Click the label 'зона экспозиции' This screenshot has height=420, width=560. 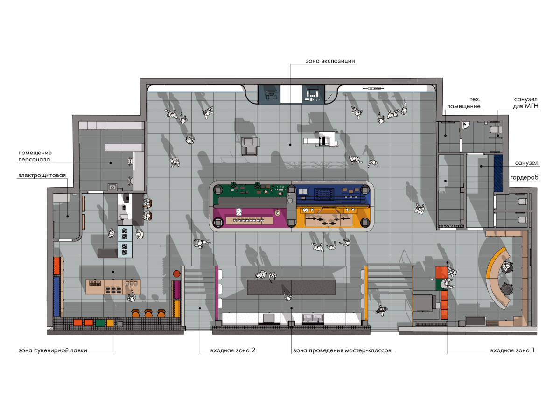click(x=330, y=61)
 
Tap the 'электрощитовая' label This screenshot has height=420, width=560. click(x=42, y=175)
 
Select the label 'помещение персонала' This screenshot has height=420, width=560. click(x=35, y=156)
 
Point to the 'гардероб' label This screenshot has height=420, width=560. click(x=524, y=177)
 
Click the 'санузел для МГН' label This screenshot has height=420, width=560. click(x=525, y=103)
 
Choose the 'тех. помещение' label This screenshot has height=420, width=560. click(x=464, y=103)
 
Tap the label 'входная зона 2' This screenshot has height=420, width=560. click(x=233, y=350)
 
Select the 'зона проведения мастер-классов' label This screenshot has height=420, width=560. click(x=342, y=350)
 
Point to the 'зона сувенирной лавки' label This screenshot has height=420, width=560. click(x=53, y=350)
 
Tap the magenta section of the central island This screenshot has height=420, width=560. click(x=250, y=217)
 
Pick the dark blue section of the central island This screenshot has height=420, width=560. click(x=332, y=194)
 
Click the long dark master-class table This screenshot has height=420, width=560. click(x=291, y=287)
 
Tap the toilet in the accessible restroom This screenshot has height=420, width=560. click(x=496, y=130)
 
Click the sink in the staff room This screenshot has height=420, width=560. click(x=112, y=187)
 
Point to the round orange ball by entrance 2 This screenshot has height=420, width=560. click(x=176, y=273)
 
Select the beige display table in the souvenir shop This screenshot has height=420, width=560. click(x=113, y=287)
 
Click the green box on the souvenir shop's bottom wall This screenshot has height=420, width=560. click(x=100, y=322)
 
